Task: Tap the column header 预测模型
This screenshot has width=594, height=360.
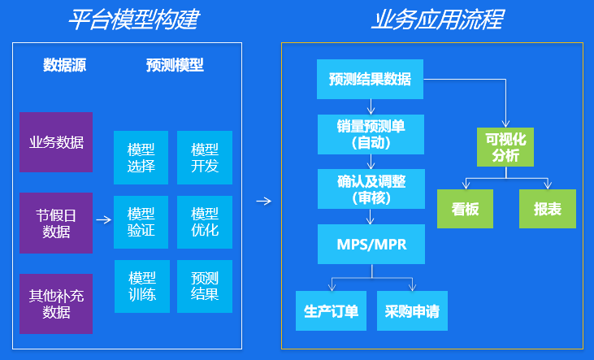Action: pyautogui.click(x=175, y=66)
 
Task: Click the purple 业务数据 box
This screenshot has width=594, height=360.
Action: pyautogui.click(x=56, y=142)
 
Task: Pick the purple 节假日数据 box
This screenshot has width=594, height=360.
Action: pyautogui.click(x=56, y=223)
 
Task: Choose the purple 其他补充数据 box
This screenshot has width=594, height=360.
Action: pyautogui.click(x=56, y=304)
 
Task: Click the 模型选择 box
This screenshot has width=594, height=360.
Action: pyautogui.click(x=141, y=158)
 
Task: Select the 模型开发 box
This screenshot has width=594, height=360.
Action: pyautogui.click(x=205, y=158)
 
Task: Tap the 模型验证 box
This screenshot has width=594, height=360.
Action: pyautogui.click(x=141, y=222)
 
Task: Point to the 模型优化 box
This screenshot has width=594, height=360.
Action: pyautogui.click(x=205, y=222)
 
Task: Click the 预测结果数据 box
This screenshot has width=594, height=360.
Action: pyautogui.click(x=370, y=80)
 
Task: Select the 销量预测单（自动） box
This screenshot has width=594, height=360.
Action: pyautogui.click(x=371, y=134)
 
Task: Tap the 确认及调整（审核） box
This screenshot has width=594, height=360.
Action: pyautogui.click(x=371, y=189)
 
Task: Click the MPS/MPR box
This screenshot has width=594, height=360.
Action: pyautogui.click(x=371, y=245)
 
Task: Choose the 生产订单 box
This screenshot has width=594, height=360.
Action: pyautogui.click(x=331, y=310)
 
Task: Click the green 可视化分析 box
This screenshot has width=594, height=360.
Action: pyautogui.click(x=506, y=146)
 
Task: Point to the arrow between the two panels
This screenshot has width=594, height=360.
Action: pyautogui.click(x=262, y=201)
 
